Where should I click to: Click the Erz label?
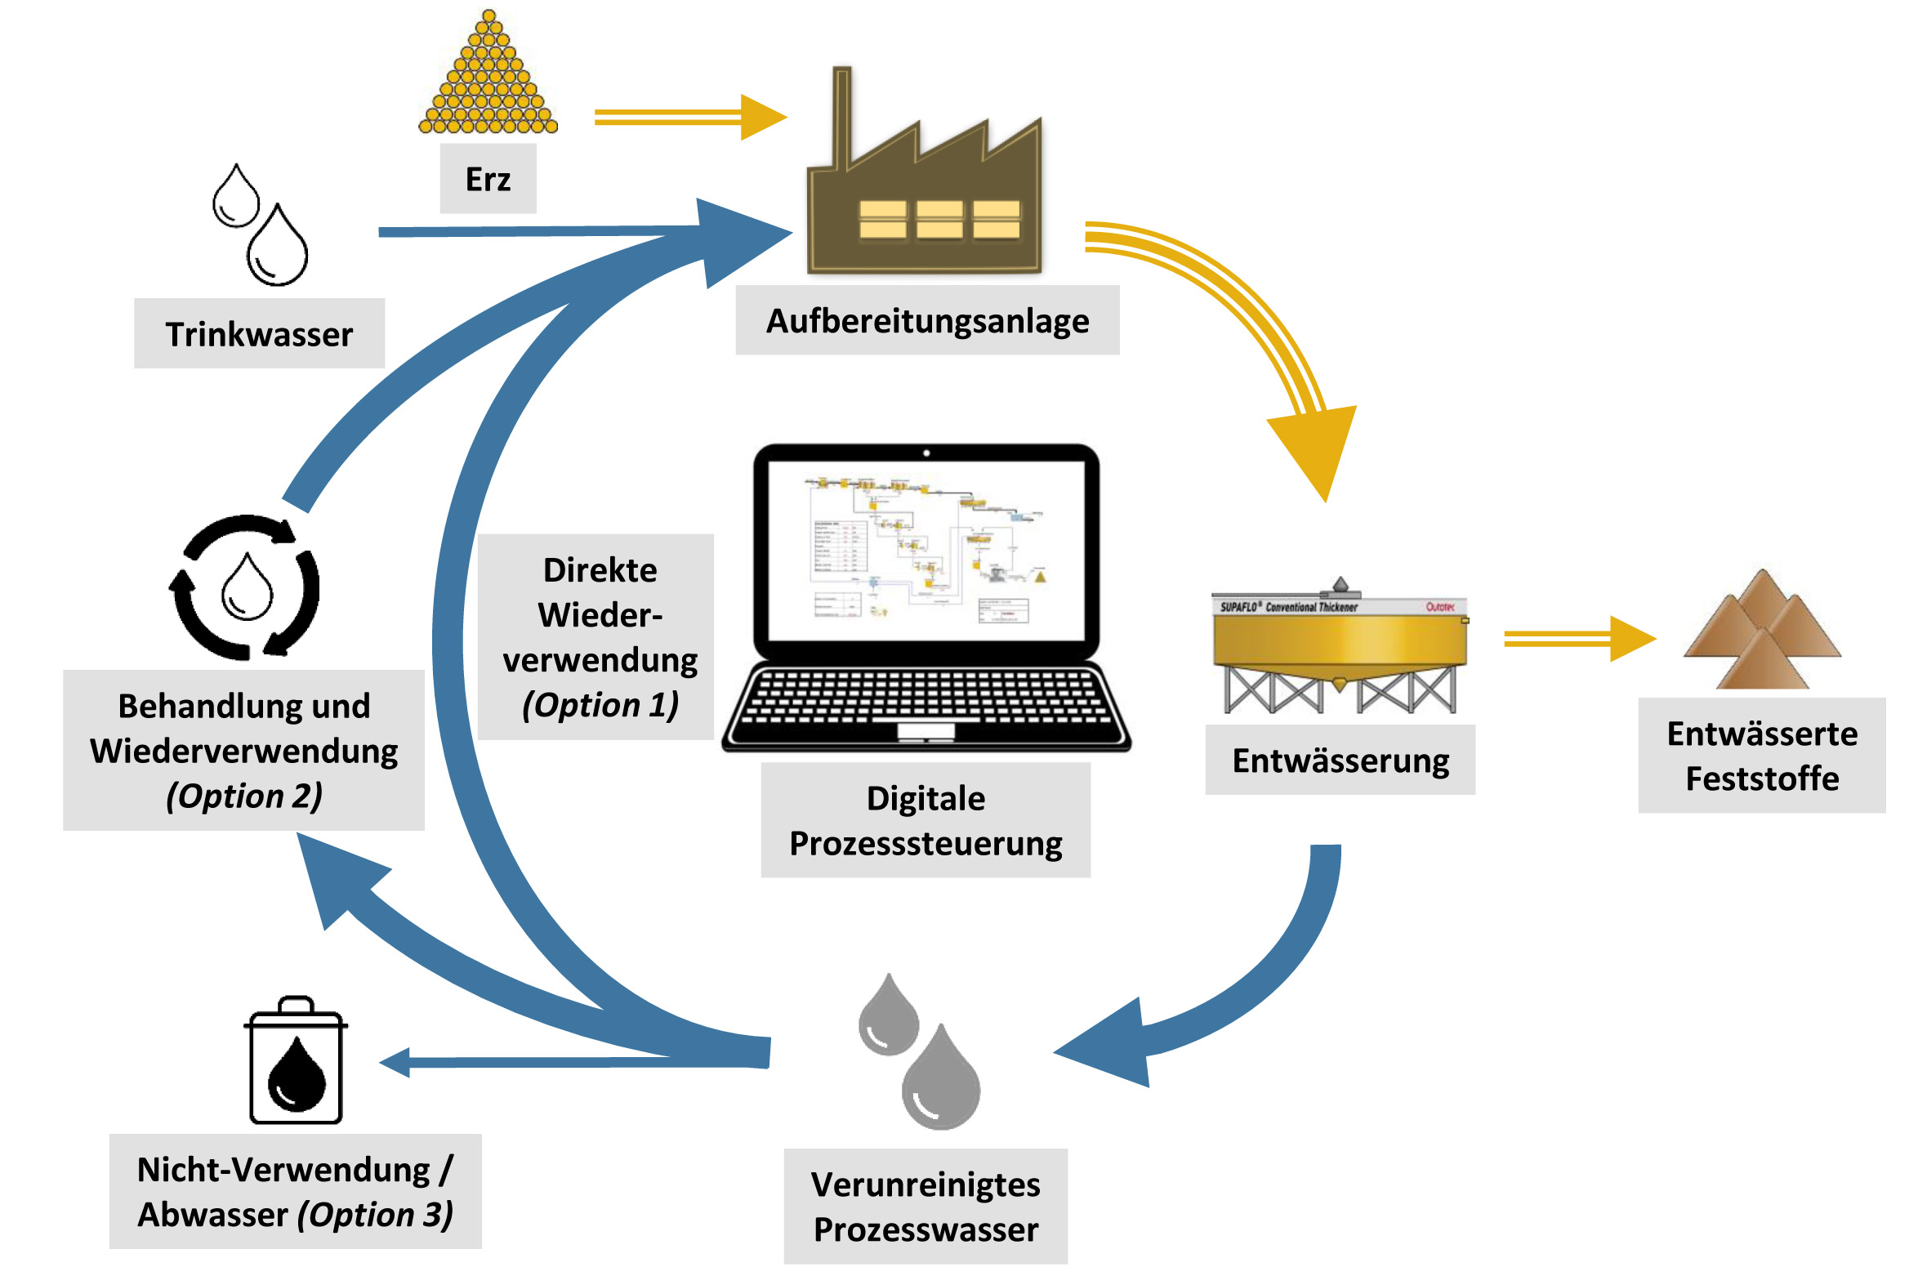[488, 180]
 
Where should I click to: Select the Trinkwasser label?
[259, 334]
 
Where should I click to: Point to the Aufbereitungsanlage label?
[927, 321]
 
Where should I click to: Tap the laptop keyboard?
[926, 697]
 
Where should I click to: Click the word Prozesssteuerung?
[926, 844]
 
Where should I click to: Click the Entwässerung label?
[1340, 761]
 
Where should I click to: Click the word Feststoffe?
[1761, 779]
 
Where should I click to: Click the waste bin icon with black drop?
[296, 1061]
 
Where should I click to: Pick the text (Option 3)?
[375, 1215]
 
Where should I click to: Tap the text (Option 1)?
[600, 705]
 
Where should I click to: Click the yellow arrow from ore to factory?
[688, 117]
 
